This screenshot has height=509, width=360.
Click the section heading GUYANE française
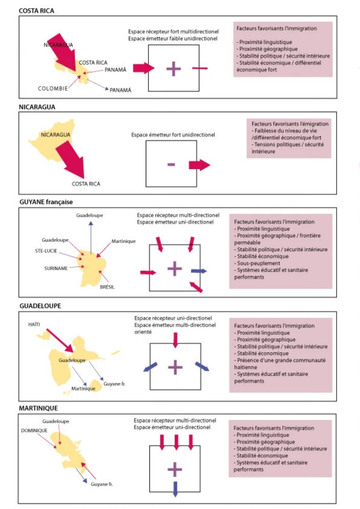46,202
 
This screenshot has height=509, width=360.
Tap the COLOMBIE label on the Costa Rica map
53,88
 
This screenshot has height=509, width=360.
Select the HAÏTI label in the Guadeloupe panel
34,324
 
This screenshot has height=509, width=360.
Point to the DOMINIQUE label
34,430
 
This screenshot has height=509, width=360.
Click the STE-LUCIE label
46,251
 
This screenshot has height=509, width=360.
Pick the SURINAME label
56,268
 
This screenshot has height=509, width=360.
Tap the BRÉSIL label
107,287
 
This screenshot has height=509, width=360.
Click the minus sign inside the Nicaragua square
171,165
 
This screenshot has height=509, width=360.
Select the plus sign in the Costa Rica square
174,69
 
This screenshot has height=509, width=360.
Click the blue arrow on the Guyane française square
199,271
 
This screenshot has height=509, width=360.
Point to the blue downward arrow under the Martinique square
175,489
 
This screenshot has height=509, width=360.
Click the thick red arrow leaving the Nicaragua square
199,165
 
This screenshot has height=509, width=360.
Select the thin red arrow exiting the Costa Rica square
200,68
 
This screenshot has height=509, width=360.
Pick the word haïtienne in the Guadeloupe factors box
246,367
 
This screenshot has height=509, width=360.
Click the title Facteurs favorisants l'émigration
290,124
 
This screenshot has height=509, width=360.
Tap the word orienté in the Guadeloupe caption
143,332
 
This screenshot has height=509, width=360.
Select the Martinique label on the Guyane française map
123,241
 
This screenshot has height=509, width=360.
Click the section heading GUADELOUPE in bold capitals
40,306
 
